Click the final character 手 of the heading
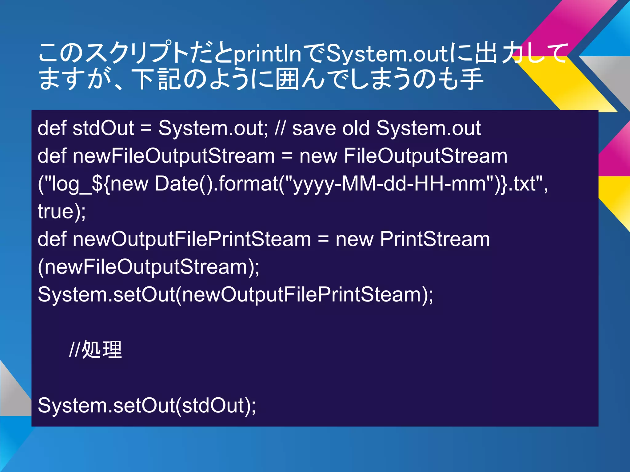tap(471, 79)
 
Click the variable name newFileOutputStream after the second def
tap(174, 156)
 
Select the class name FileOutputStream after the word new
tap(425, 156)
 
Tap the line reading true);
tap(62, 211)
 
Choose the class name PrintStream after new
tap(435, 239)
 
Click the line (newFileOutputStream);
tap(149, 267)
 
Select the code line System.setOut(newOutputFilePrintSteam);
tap(235, 294)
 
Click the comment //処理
tap(95, 350)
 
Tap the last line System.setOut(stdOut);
tap(147, 405)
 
